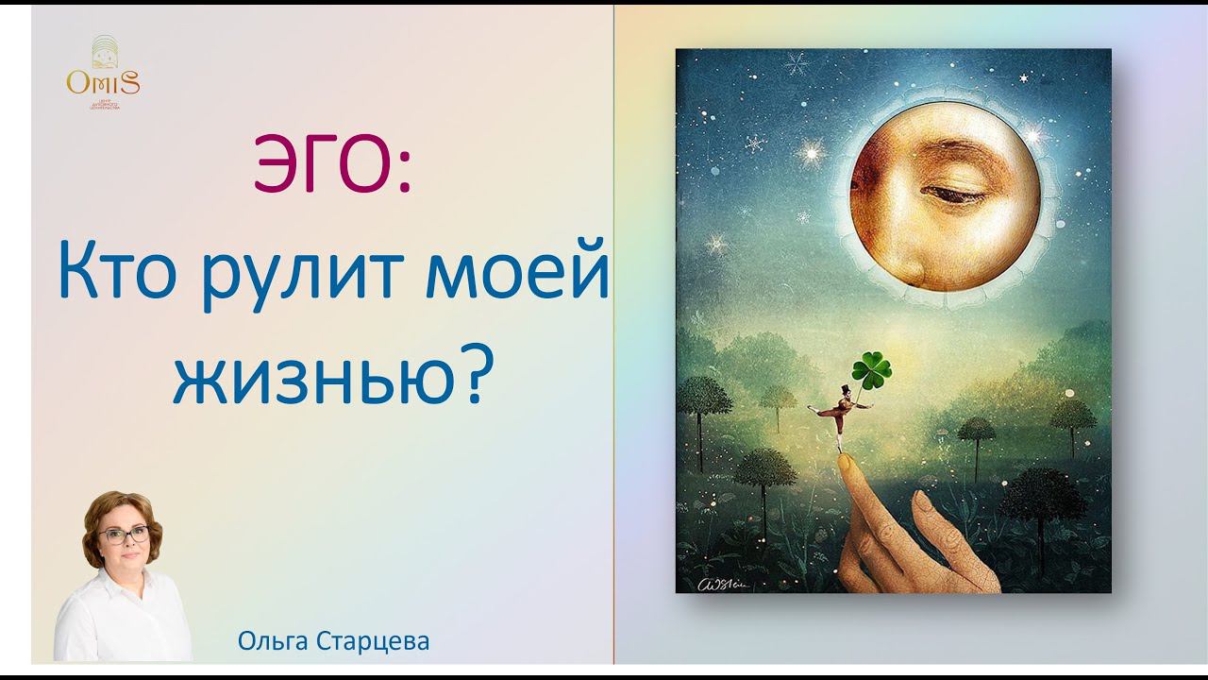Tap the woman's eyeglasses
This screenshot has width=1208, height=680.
click(124, 535)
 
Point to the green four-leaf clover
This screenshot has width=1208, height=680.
click(870, 369)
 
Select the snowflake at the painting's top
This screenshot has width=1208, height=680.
click(798, 65)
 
